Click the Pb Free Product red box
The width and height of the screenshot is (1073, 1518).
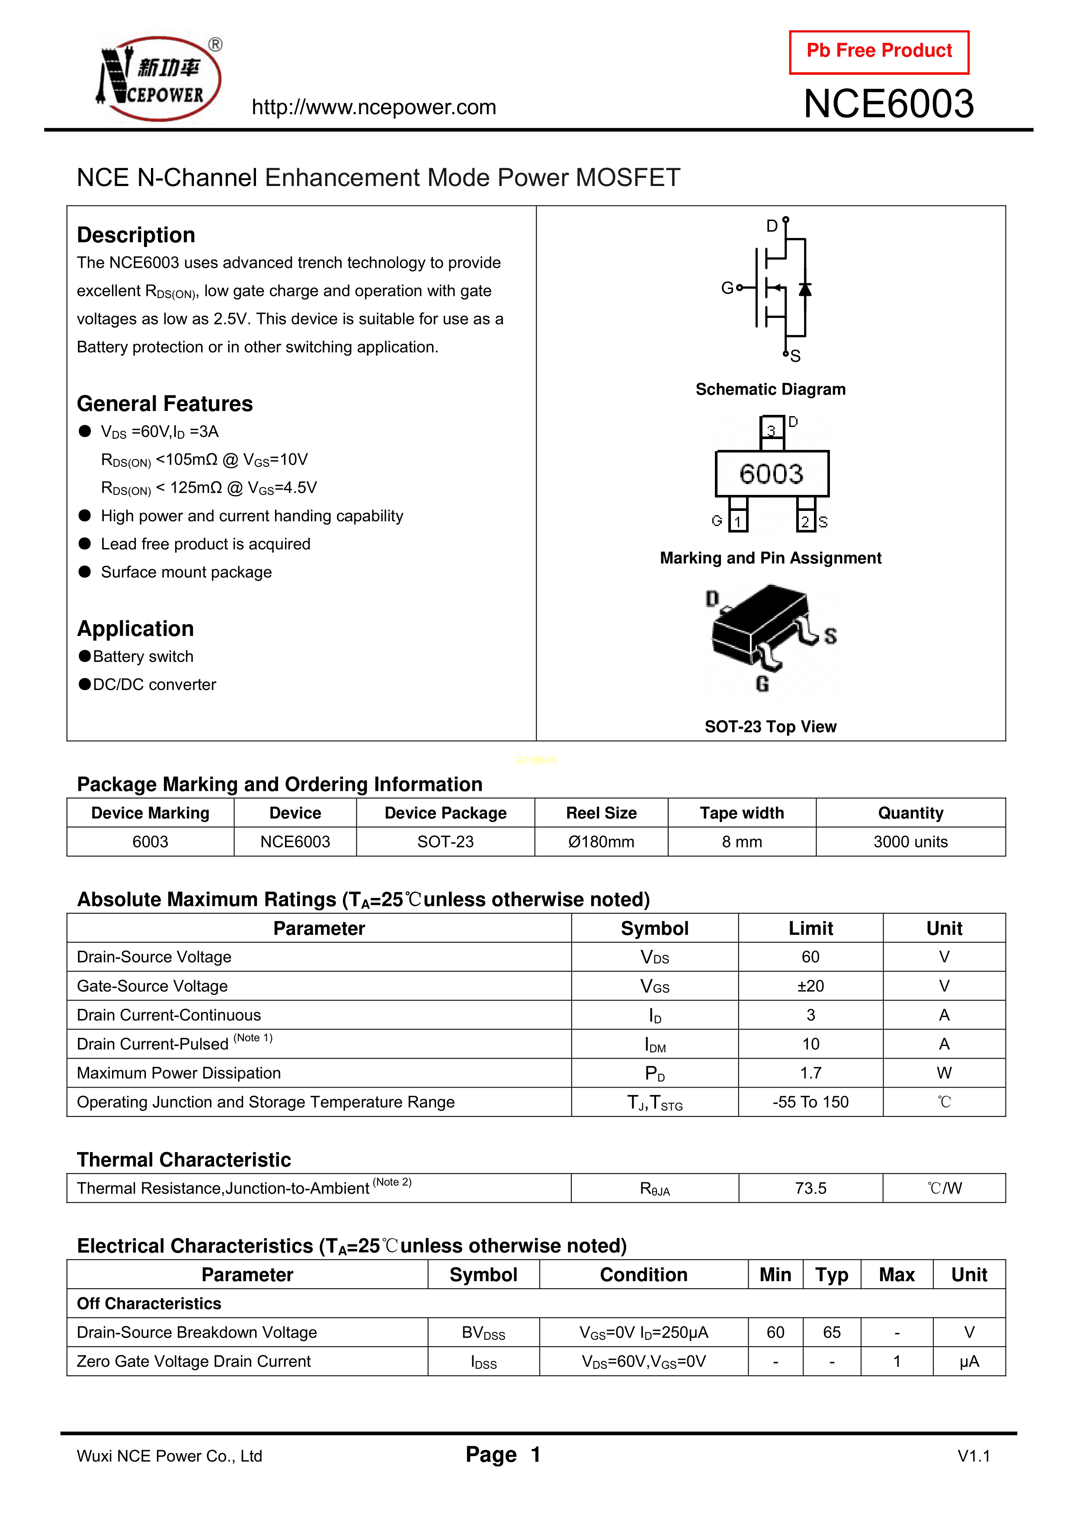pos(879,51)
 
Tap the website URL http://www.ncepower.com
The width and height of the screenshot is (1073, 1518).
pos(374,107)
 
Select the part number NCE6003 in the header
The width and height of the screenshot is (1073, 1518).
pos(888,104)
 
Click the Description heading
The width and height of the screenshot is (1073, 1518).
pos(136,235)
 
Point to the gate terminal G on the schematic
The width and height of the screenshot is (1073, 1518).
pos(727,288)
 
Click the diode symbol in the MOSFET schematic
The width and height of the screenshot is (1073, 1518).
pos(804,289)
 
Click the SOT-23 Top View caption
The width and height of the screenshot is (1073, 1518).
pos(770,727)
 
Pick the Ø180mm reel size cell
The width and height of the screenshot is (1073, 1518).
pos(601,842)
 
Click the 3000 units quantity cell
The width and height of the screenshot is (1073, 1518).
pos(910,842)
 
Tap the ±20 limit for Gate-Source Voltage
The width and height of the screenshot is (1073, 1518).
pos(810,986)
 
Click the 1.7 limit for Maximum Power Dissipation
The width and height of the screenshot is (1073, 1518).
pos(810,1073)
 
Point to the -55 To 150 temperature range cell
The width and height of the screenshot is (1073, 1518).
pos(810,1102)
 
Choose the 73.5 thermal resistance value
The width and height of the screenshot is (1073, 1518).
pos(810,1188)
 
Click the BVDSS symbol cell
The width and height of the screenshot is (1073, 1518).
pos(483,1332)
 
